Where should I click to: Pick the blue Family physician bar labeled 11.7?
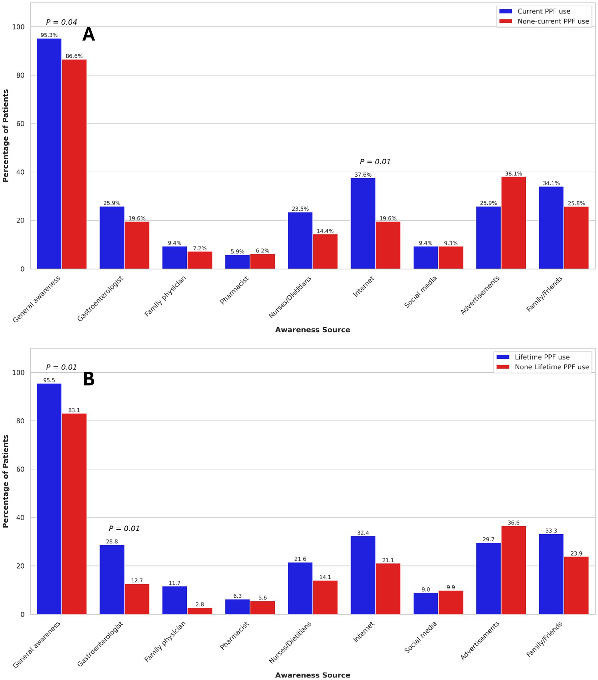point(174,600)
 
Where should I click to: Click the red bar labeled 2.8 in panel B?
point(200,611)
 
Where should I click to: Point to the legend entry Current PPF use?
point(543,11)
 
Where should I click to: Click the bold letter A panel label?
point(89,35)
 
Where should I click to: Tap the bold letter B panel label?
point(89,379)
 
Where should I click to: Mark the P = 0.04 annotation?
point(61,22)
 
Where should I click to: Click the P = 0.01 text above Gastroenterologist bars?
point(124,529)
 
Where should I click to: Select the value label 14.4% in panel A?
point(325,231)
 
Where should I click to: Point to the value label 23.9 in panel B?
point(576,553)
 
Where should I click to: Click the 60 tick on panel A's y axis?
point(21,124)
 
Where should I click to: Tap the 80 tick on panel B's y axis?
point(21,421)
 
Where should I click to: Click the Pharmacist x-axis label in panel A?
point(234,290)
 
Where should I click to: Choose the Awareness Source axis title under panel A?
point(312,330)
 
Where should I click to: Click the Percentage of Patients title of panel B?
point(5,481)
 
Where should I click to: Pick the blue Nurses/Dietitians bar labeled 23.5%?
point(300,240)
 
